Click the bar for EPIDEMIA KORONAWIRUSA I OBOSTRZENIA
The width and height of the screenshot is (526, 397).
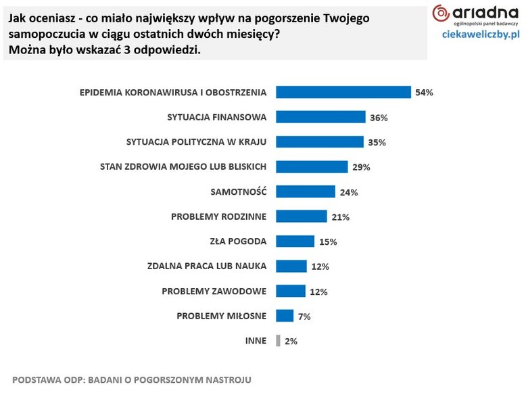(344, 92)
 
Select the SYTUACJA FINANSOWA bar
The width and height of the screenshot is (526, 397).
(321, 117)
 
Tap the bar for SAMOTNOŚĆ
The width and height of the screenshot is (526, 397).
(306, 191)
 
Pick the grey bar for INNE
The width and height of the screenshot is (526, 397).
(278, 341)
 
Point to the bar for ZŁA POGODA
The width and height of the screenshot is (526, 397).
(295, 241)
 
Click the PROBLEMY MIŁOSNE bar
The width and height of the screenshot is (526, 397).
(285, 316)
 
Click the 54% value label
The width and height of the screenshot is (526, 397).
(424, 93)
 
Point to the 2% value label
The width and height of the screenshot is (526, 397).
(291, 342)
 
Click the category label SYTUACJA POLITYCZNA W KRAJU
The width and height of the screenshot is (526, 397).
(197, 142)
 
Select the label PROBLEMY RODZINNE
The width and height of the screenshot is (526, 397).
(219, 216)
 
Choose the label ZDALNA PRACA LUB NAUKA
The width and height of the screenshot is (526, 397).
(207, 266)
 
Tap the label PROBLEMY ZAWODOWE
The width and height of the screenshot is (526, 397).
(214, 291)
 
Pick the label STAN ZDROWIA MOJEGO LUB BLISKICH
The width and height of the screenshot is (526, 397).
(183, 166)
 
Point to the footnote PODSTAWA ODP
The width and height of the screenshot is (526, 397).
(131, 379)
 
